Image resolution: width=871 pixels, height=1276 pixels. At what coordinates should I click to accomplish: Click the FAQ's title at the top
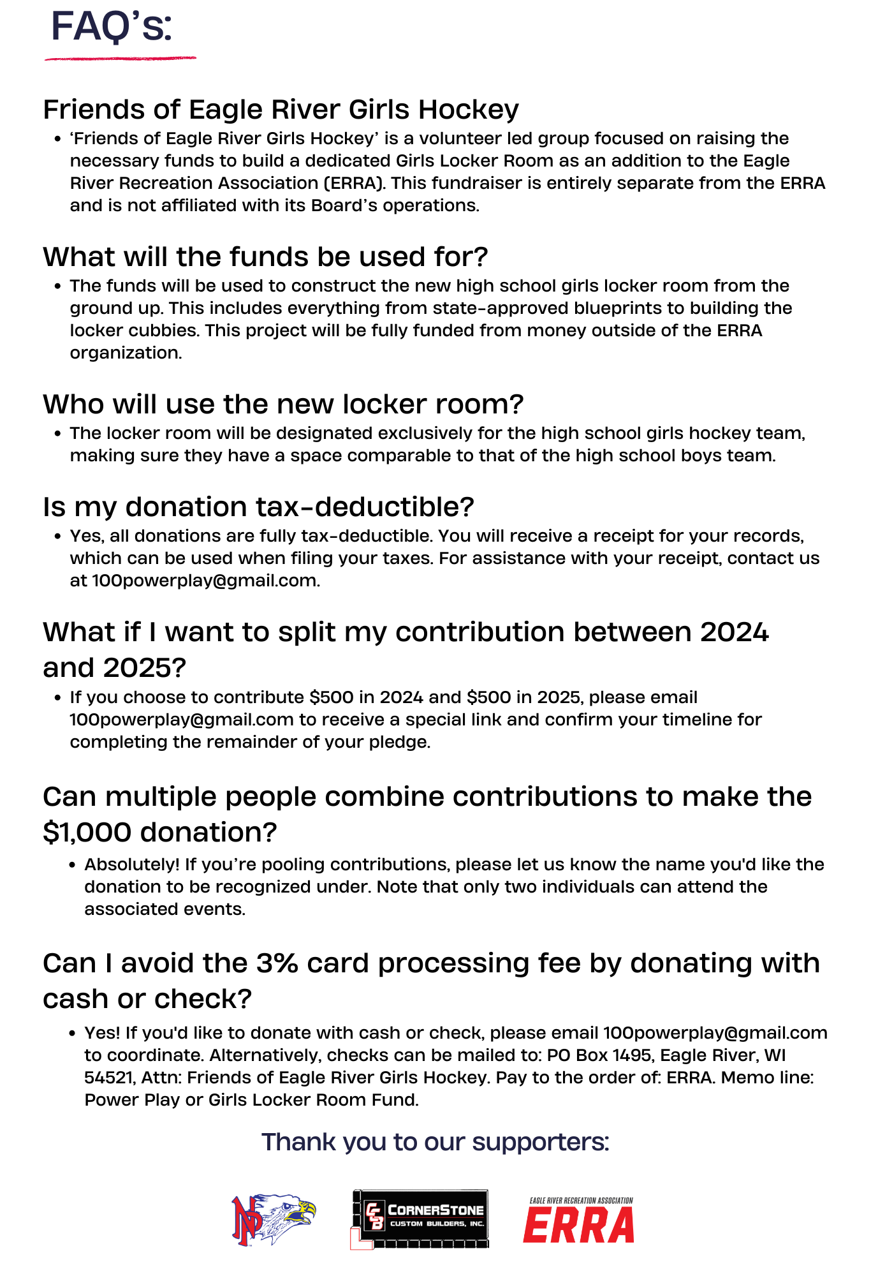click(x=112, y=27)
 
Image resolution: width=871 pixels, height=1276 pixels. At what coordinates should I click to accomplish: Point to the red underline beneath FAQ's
click(x=120, y=59)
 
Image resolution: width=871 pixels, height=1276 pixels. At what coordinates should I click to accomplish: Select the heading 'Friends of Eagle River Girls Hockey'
click(x=281, y=109)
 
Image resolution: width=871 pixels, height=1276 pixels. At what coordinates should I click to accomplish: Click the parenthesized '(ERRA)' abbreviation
click(x=355, y=183)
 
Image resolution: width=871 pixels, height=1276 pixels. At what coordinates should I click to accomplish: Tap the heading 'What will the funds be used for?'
click(x=265, y=256)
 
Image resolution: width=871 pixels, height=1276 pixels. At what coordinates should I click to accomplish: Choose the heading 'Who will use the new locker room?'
click(x=282, y=404)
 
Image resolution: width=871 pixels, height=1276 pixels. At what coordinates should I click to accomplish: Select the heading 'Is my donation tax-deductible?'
click(x=258, y=507)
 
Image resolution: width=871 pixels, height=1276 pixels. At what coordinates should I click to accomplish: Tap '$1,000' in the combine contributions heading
click(x=87, y=832)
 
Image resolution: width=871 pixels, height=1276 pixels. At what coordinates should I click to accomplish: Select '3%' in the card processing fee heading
click(x=277, y=963)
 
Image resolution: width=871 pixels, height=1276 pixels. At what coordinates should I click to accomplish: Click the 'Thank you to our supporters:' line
click(x=435, y=1142)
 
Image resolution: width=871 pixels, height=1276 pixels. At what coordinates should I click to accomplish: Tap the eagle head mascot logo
click(x=274, y=1219)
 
